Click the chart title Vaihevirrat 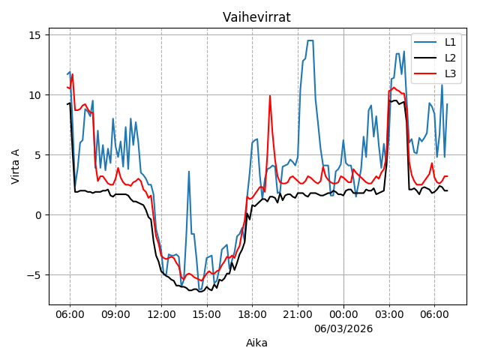tap(256, 17)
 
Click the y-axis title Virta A tap(16, 166)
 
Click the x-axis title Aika tap(256, 343)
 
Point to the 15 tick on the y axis tap(34, 35)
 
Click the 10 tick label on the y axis tap(34, 95)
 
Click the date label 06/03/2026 tap(343, 328)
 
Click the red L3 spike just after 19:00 tap(270, 96)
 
